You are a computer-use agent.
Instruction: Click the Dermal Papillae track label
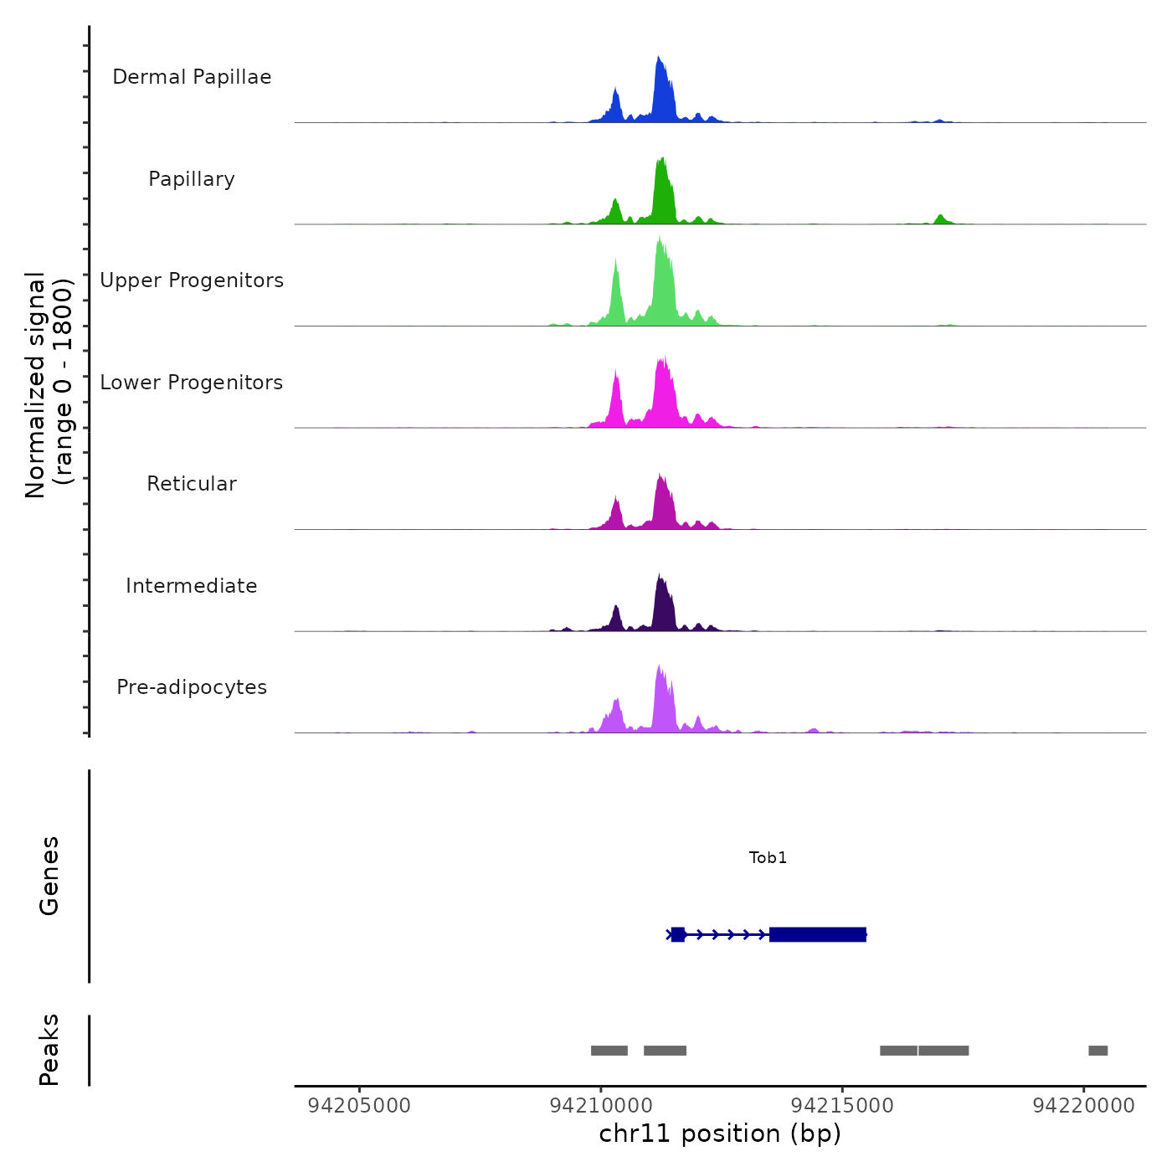pyautogui.click(x=192, y=77)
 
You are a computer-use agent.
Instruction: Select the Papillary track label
pyautogui.click(x=192, y=179)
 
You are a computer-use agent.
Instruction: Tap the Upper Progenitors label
pyautogui.click(x=192, y=280)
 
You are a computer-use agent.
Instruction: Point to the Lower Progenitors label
pyautogui.click(x=192, y=383)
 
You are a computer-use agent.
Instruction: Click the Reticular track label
pyautogui.click(x=192, y=484)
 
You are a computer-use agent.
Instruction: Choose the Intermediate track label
pyautogui.click(x=192, y=586)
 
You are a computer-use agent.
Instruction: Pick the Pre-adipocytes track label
pyautogui.click(x=192, y=687)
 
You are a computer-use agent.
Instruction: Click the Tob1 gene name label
pyautogui.click(x=768, y=857)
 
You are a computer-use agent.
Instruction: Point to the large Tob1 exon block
pyautogui.click(x=817, y=934)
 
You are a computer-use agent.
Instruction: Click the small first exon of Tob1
pyautogui.click(x=678, y=934)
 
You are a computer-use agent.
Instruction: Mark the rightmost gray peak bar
pyautogui.click(x=1097, y=1051)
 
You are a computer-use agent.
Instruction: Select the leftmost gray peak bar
pyautogui.click(x=609, y=1051)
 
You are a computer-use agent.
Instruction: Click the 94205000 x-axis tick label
pyautogui.click(x=360, y=1106)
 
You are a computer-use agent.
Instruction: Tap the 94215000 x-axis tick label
pyautogui.click(x=842, y=1106)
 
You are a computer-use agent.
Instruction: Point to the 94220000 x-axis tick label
pyautogui.click(x=1083, y=1106)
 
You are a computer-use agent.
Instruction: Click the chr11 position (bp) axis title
pyautogui.click(x=720, y=1133)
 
